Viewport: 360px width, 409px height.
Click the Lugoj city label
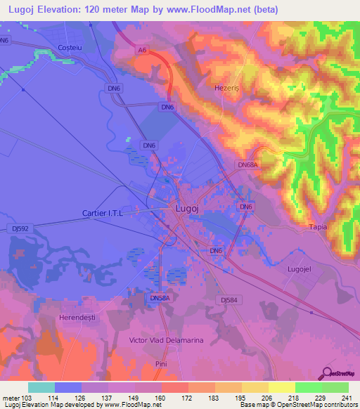pyautogui.click(x=186, y=209)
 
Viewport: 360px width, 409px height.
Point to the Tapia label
pyautogui.click(x=319, y=228)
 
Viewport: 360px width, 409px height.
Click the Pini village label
pyautogui.click(x=161, y=363)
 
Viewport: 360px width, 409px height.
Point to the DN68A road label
pyautogui.click(x=247, y=164)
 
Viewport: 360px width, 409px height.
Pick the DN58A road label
pyautogui.click(x=160, y=298)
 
